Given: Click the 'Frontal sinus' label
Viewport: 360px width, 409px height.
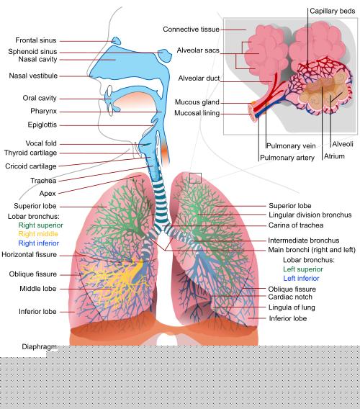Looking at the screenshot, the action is (x=36, y=40).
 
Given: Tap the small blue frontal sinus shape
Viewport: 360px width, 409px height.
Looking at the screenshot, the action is (x=117, y=41).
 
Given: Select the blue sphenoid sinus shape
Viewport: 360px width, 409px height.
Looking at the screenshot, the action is (x=165, y=55).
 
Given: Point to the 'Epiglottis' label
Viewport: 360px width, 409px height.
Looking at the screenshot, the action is (x=42, y=125).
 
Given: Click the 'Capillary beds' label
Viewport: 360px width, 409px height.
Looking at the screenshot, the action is (x=333, y=11).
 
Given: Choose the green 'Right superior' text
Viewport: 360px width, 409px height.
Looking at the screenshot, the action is (x=41, y=225).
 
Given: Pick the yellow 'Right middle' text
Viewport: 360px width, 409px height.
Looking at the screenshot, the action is (x=38, y=234).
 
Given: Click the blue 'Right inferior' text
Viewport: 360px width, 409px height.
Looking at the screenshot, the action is (x=39, y=243).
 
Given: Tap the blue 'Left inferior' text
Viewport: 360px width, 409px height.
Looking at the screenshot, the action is (x=301, y=279).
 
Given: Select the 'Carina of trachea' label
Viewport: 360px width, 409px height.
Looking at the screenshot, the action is (x=296, y=225).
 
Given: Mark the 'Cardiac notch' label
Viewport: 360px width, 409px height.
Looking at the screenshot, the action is (x=290, y=297).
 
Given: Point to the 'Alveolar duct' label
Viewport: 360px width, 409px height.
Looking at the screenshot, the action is (x=199, y=78).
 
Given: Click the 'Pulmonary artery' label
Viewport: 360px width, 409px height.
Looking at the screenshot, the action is (x=287, y=158).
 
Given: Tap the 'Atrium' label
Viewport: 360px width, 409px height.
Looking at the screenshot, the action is (x=334, y=156).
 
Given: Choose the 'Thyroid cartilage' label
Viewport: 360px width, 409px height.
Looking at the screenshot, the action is (x=30, y=153).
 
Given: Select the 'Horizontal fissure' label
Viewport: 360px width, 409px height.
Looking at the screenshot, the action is (x=30, y=254).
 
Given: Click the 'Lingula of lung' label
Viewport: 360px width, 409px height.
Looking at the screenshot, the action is (x=292, y=307).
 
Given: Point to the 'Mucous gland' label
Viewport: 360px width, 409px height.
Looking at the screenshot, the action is (x=197, y=102).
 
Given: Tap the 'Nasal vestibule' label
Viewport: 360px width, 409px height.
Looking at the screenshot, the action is (x=33, y=76).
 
